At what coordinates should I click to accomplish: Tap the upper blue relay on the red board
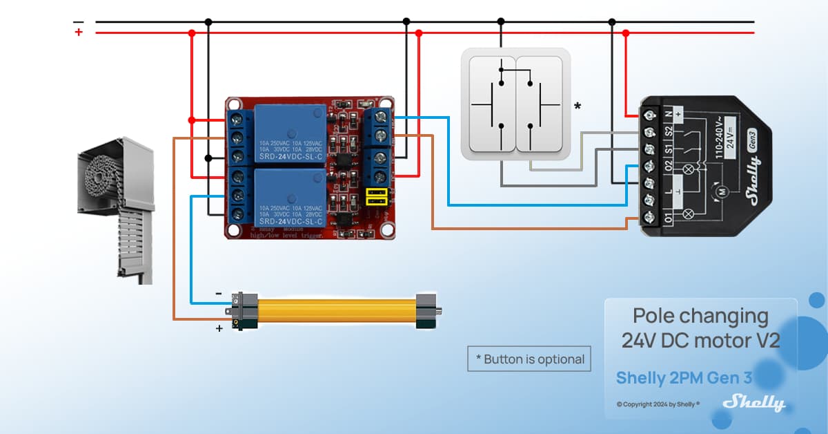pos(290,133)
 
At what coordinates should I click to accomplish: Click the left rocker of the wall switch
pos(492,104)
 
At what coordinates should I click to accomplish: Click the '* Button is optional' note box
pos(529,359)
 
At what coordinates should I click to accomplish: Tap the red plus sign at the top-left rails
pos(79,32)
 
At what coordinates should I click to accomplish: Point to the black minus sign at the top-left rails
pos(79,21)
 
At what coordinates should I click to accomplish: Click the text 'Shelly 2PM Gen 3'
pos(683,378)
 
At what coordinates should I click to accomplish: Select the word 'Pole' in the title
pos(653,316)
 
